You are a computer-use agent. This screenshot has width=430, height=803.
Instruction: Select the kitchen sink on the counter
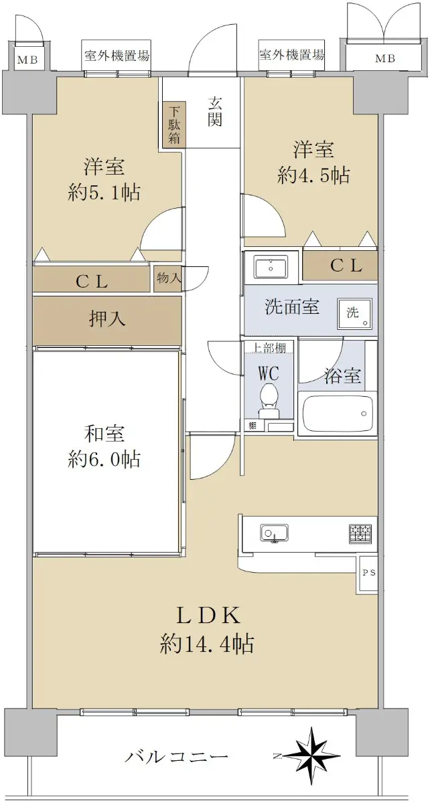tap(274, 533)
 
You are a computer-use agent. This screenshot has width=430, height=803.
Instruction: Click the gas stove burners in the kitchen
tap(360, 533)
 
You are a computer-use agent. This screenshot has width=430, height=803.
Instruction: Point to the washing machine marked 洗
tap(354, 313)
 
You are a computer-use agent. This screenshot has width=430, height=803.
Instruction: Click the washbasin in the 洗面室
tap(271, 267)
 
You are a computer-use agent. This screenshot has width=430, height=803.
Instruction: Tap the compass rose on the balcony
tap(309, 753)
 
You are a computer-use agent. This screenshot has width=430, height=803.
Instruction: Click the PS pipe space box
tap(367, 573)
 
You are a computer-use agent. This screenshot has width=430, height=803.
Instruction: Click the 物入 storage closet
tap(168, 278)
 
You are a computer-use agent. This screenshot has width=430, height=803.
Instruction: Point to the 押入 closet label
tap(107, 319)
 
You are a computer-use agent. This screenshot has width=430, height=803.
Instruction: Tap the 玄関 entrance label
tap(214, 112)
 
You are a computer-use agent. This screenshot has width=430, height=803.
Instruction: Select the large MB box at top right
tap(384, 57)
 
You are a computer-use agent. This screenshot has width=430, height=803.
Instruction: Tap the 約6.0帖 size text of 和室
tap(104, 459)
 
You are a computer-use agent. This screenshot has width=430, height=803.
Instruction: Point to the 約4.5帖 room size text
tap(313, 175)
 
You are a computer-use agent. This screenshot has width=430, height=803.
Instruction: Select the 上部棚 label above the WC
tap(269, 347)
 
